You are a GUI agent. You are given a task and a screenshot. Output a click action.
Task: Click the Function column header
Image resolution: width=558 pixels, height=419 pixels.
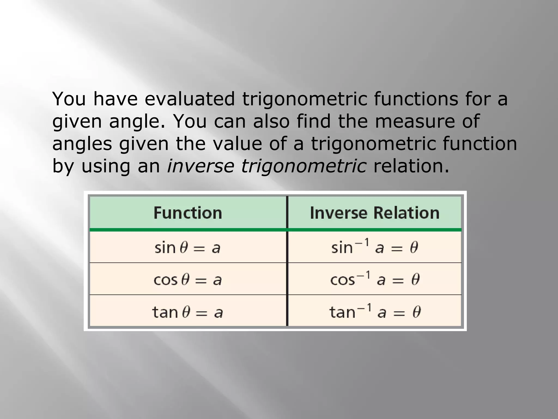pos(188,213)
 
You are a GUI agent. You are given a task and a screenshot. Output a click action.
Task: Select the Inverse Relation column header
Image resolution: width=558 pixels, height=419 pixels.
pos(375,213)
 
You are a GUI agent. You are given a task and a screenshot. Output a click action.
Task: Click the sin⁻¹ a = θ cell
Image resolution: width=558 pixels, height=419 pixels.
pos(375,247)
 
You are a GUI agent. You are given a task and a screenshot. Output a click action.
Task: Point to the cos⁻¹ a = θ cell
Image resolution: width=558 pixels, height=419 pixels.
pos(375,279)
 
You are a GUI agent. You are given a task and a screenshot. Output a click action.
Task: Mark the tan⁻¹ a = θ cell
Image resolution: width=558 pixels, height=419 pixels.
pos(375,312)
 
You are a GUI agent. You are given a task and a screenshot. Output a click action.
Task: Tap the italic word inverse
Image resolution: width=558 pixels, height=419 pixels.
pos(200,166)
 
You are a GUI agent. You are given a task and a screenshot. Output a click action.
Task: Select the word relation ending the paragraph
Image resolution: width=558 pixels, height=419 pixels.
pos(411,166)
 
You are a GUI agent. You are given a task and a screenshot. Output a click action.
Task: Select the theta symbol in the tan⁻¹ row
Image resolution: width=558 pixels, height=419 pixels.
pos(417,312)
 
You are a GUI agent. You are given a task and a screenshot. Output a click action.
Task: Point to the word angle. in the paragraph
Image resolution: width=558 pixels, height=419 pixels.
pos(137,122)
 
